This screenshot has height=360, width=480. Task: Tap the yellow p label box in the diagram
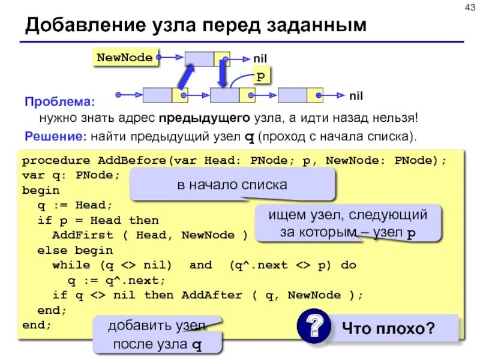pos(260,76)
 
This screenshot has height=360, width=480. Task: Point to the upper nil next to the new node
pos(259,59)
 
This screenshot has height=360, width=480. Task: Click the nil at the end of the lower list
pos(356,95)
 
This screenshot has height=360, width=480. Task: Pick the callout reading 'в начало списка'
pos(232,185)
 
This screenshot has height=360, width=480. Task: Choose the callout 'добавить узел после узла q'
pos(157,335)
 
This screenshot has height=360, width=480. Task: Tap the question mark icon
pos(311,328)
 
